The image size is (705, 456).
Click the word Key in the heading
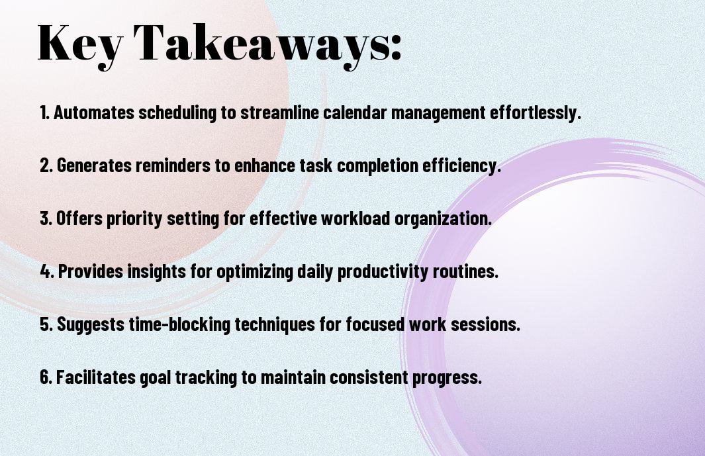click(80, 44)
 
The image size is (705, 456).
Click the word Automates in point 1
click(94, 113)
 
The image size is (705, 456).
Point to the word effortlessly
click(535, 113)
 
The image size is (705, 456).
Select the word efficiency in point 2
click(461, 165)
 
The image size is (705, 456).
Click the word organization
click(443, 218)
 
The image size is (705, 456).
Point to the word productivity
click(383, 271)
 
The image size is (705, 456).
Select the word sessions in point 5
click(485, 324)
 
